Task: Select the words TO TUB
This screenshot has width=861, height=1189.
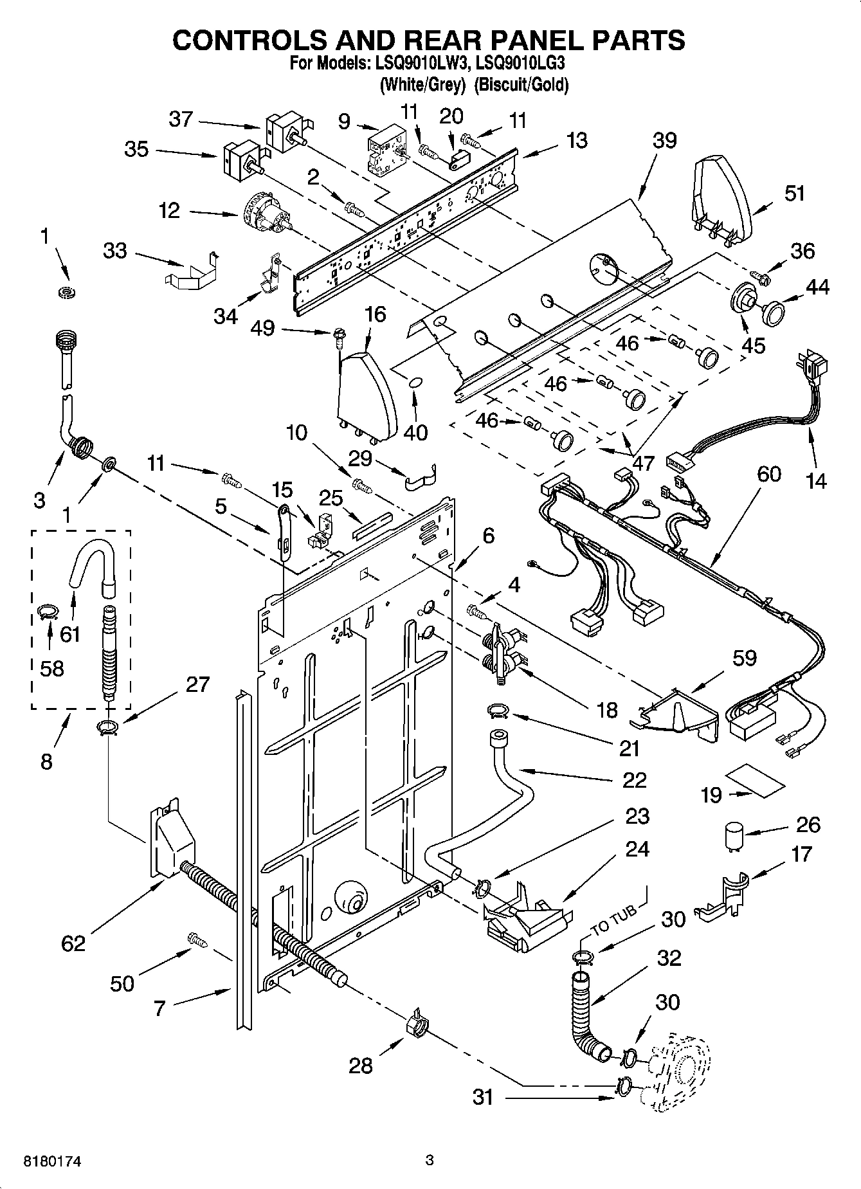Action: point(615,920)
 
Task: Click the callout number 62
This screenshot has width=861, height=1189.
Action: point(73,943)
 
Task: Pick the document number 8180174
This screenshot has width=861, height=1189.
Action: point(46,1161)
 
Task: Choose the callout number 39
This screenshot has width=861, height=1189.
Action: point(664,140)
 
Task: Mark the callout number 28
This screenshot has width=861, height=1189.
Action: point(360,1065)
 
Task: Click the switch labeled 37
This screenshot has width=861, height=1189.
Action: point(285,130)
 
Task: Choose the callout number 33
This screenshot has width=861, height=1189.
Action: point(115,250)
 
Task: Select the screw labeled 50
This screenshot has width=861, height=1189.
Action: point(197,939)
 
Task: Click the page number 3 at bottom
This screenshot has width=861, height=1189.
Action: point(430,1160)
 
